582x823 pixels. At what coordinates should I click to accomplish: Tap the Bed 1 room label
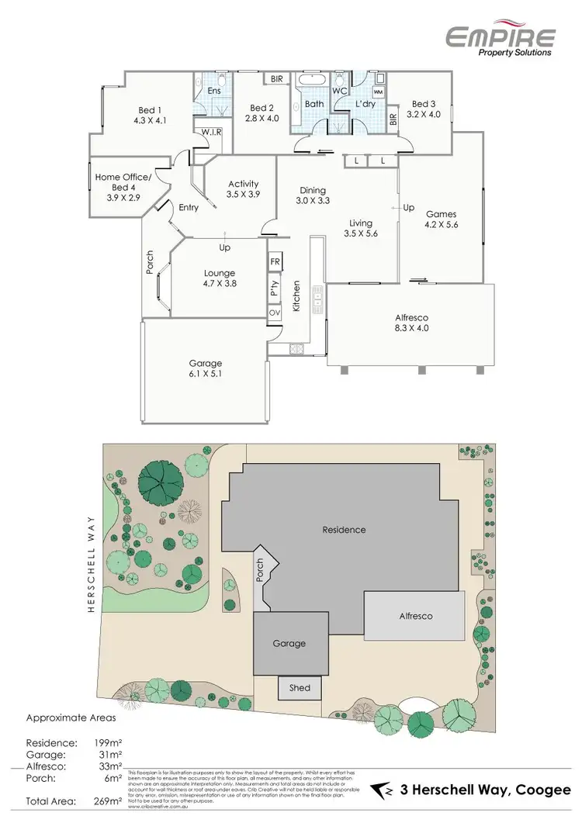pos(150,110)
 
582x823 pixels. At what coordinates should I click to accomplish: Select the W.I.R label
pos(212,133)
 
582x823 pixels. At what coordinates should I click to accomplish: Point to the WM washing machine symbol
pos(378,92)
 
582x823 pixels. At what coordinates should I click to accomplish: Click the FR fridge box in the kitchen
pos(274,262)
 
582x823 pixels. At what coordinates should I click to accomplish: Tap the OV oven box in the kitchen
pos(274,313)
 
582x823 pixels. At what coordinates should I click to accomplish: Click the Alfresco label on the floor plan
pos(411,317)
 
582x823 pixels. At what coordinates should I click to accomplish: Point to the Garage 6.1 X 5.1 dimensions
pos(206,374)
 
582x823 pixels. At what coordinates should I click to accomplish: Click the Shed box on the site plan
pos(300,688)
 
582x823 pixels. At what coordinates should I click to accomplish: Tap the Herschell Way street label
pos(91,564)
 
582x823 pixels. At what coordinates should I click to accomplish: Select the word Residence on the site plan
pos(344,530)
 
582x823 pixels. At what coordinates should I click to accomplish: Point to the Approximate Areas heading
pos(71,718)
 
